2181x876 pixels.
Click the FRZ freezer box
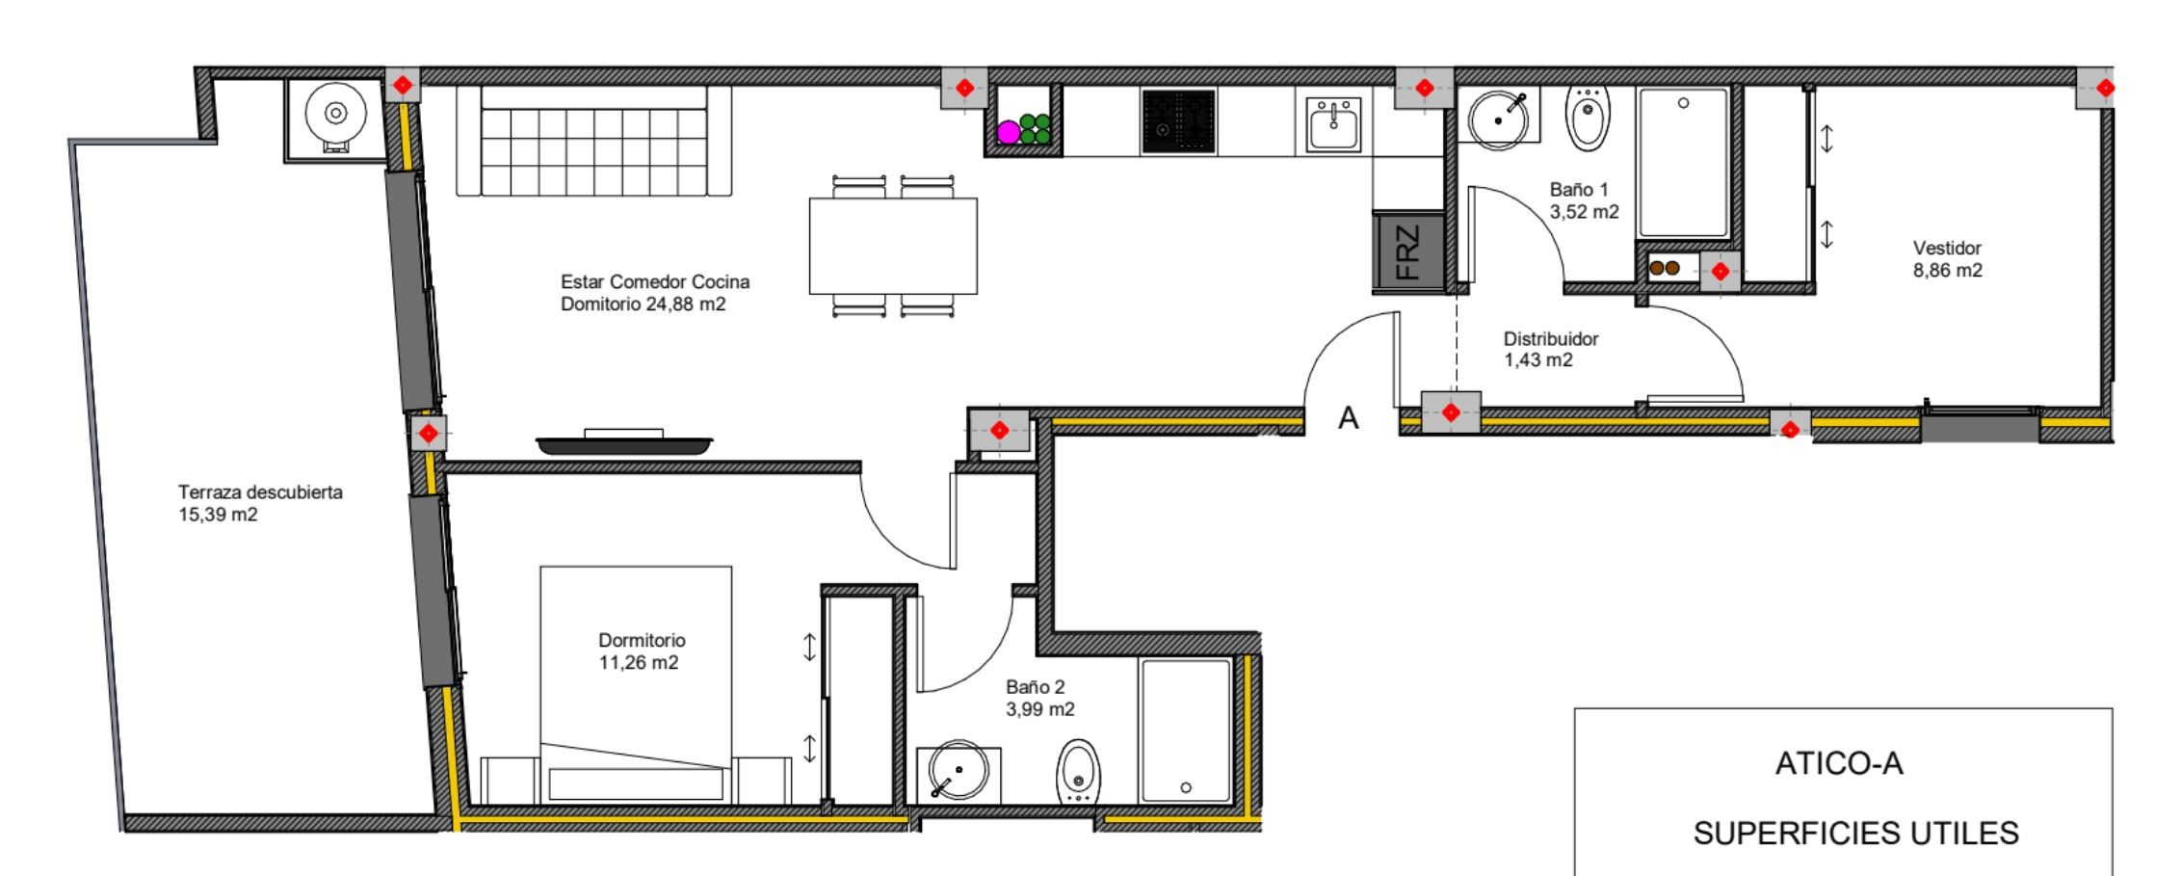(1407, 252)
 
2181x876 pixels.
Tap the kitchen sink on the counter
(1334, 124)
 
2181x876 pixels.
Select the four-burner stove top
(1178, 121)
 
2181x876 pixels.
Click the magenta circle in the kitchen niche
(1008, 132)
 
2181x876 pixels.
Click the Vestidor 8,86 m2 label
(1947, 259)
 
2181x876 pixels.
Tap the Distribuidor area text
(1550, 349)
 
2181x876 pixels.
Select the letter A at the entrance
(1349, 418)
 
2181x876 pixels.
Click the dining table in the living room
(893, 246)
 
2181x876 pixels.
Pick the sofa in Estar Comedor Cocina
(593, 141)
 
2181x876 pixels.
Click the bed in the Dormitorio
(636, 684)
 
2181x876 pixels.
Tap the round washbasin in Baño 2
(959, 771)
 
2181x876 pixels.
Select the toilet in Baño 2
(1079, 772)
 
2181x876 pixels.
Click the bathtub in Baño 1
(1684, 162)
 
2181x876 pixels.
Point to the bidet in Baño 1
(1587, 118)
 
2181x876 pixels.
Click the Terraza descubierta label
(260, 503)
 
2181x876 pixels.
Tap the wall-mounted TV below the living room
(624, 441)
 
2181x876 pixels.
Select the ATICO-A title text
(1839, 763)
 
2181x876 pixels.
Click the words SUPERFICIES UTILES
(1855, 833)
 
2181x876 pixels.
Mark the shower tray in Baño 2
(1186, 730)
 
